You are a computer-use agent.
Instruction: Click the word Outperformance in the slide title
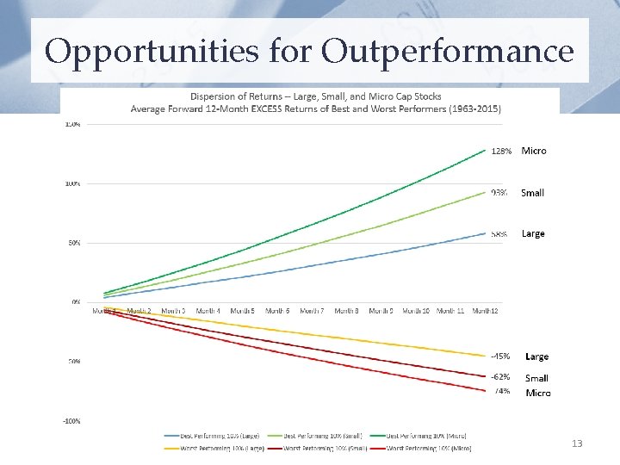447,52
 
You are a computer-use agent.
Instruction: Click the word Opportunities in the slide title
151,52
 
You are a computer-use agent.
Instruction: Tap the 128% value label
501,151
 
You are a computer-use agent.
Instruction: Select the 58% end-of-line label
499,233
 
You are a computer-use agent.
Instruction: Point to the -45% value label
500,356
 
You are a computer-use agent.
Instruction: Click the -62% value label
500,377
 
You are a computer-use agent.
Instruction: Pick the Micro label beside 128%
533,151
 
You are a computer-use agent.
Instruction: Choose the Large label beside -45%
536,356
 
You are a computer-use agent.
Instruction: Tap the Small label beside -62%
536,378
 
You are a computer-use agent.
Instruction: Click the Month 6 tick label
276,310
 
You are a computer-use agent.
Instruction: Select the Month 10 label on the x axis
416,310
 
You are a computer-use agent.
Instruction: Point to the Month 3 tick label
172,310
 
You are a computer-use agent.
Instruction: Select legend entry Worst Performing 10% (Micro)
428,448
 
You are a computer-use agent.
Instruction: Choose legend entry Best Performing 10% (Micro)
429,437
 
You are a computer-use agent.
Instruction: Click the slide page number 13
577,443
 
